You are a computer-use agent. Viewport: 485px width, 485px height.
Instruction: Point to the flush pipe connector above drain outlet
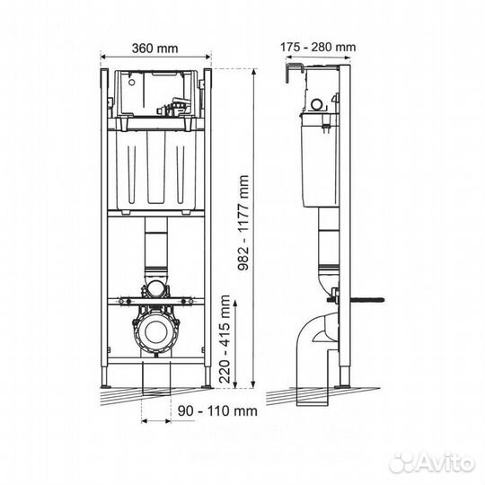157,290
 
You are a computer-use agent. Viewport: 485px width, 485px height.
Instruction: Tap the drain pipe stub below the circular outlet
157,375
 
